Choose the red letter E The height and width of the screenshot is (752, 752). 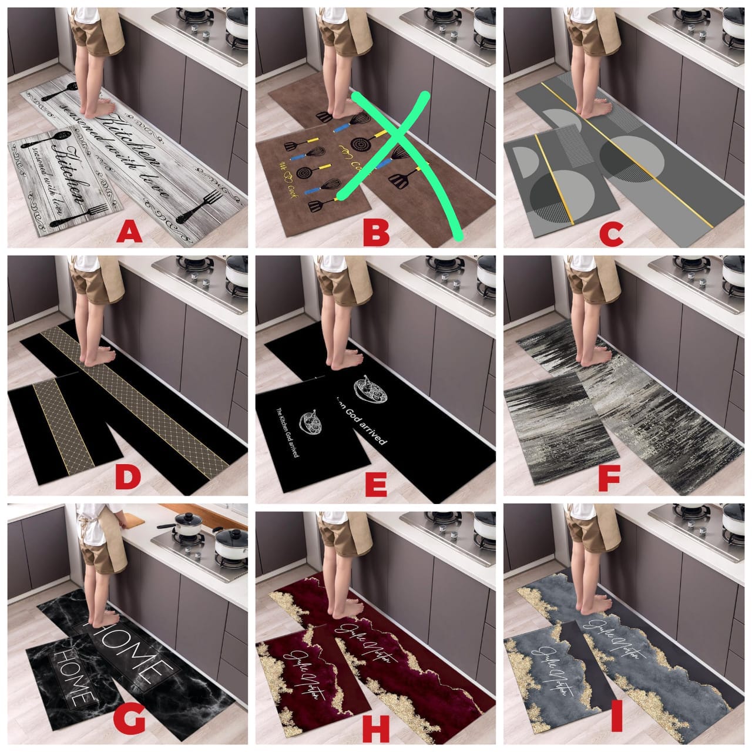375,485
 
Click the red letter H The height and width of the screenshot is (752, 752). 376,730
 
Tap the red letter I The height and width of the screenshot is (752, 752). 616,728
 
